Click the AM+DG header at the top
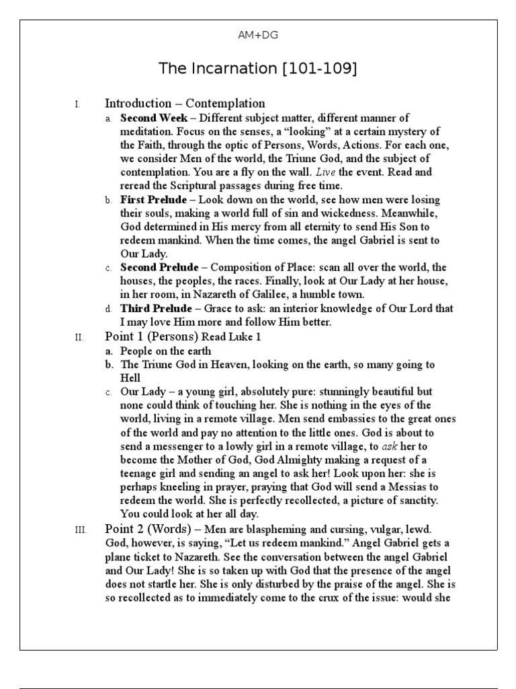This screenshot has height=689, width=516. pos(257,36)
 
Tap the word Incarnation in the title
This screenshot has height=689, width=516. pos(225,69)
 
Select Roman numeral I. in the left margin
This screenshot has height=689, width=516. pos(77,104)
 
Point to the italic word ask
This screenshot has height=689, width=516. pos(390,447)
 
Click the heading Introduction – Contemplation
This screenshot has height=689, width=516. pos(185,103)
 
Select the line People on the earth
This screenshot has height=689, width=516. pos(165,351)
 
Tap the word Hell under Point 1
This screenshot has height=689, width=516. pos(130,378)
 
